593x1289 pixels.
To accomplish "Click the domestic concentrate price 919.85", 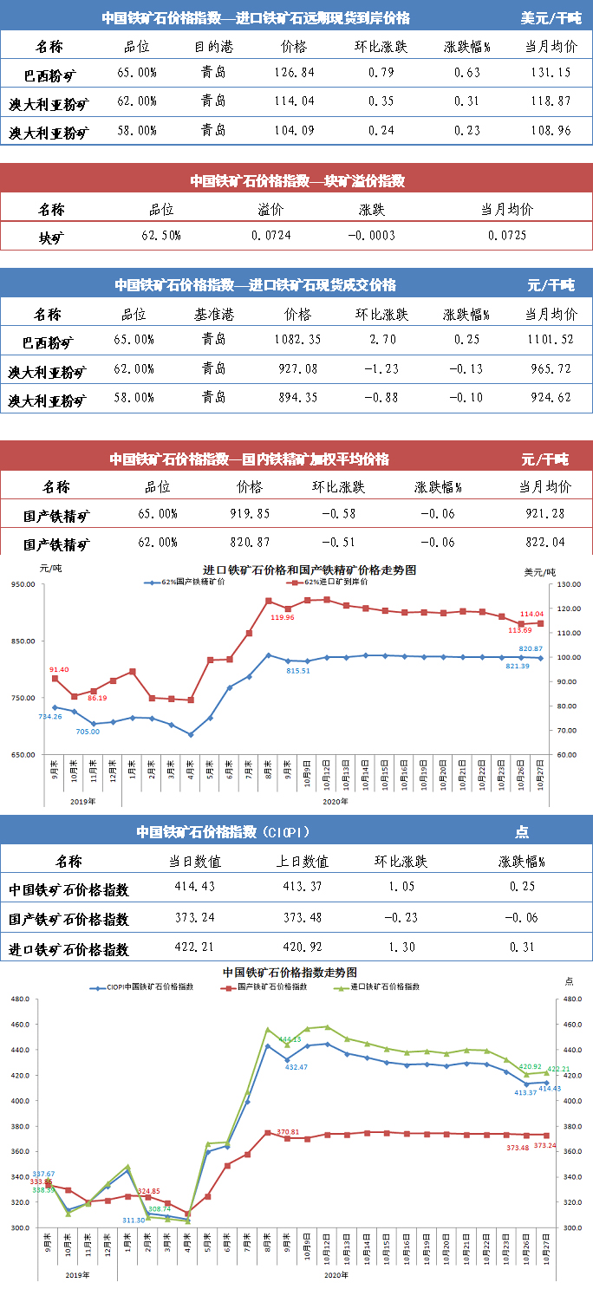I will pyautogui.click(x=249, y=513).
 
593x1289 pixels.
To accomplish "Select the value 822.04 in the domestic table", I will pyautogui.click(x=544, y=543).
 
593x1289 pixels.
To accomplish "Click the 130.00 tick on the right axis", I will pyautogui.click(x=568, y=585).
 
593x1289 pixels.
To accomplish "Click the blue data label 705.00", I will pyautogui.click(x=88, y=732).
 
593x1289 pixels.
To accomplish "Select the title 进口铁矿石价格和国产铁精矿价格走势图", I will pyautogui.click(x=297, y=570).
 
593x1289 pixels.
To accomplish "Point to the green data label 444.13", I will pyautogui.click(x=289, y=1038).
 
